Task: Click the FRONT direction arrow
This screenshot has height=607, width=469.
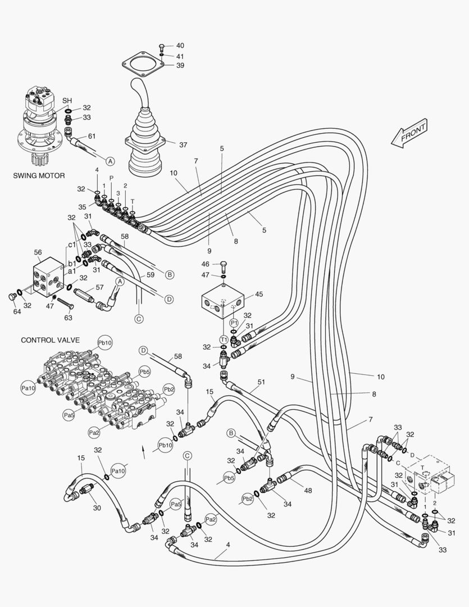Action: click(x=410, y=133)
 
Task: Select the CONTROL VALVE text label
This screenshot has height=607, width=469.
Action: click(x=50, y=340)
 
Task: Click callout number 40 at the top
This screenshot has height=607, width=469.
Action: click(x=180, y=46)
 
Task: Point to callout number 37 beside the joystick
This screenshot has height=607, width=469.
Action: click(x=183, y=144)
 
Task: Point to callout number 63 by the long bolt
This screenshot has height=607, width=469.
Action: click(x=69, y=318)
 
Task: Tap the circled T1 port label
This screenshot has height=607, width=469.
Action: click(x=224, y=339)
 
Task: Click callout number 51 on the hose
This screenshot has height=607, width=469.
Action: click(x=261, y=382)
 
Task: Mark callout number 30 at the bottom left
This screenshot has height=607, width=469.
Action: click(x=97, y=508)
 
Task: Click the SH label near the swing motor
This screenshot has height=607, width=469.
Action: click(x=67, y=101)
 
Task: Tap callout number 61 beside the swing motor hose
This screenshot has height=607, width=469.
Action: click(x=92, y=136)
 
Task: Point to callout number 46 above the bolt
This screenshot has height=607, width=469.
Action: click(x=206, y=264)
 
